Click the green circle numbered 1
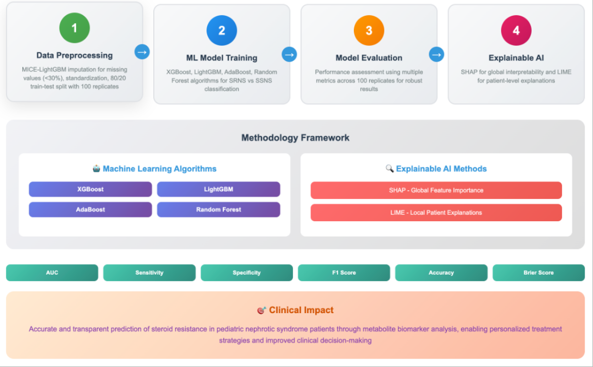74,28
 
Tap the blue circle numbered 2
221,31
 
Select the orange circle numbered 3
369,31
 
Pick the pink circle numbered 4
516,31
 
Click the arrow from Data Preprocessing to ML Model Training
142,51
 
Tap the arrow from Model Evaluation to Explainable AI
436,54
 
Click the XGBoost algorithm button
90,189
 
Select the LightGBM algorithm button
218,189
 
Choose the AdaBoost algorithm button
90,209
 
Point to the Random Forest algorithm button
218,209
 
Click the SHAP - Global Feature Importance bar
436,190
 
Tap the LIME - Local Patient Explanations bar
436,212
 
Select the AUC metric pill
52,273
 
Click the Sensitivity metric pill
149,273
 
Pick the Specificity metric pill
247,273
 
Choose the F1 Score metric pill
344,273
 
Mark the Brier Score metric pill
539,273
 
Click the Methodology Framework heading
295,138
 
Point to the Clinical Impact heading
301,310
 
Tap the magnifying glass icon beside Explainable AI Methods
389,169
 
